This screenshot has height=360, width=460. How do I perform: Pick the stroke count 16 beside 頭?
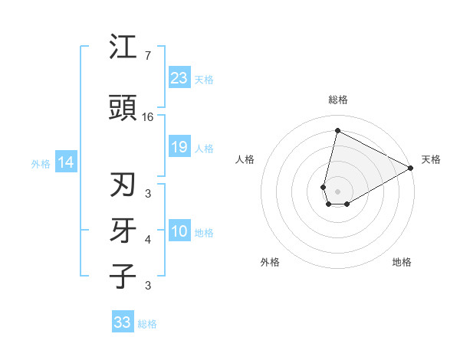[149, 117]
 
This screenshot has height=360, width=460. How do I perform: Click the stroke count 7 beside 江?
[147, 56]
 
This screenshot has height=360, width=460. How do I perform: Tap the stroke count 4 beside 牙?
[148, 240]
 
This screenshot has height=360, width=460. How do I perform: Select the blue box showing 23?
[179, 78]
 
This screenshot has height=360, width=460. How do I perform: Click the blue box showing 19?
[179, 147]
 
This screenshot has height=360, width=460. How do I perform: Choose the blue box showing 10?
[179, 231]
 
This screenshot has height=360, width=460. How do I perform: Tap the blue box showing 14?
[66, 162]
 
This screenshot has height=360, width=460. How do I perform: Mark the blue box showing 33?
[123, 322]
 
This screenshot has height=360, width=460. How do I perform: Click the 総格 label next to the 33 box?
[147, 324]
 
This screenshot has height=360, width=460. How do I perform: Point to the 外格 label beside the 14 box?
[41, 163]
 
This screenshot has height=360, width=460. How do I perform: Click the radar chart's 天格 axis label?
[431, 159]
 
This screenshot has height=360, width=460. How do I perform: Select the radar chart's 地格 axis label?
[402, 262]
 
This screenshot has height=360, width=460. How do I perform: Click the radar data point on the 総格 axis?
[337, 130]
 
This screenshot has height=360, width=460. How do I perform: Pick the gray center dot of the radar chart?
[337, 191]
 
